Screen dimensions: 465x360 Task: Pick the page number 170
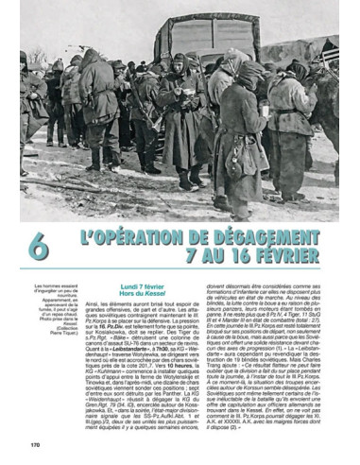pyautogui.click(x=35, y=443)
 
